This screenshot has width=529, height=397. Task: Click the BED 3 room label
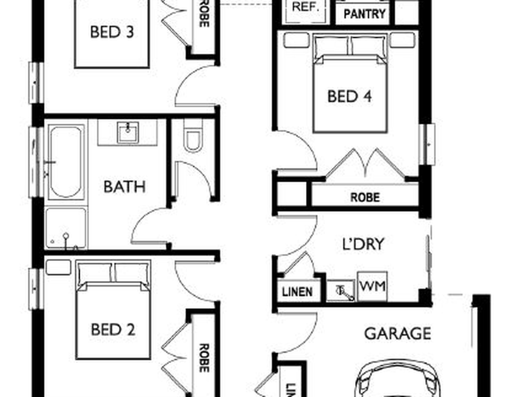(112, 32)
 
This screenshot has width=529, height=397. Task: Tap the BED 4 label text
(349, 96)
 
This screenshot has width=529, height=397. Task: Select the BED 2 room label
(113, 330)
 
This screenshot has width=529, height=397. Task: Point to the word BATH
(124, 187)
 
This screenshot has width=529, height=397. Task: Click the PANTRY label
(364, 14)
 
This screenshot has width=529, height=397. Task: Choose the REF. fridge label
(305, 7)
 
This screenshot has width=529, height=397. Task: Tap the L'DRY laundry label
(363, 244)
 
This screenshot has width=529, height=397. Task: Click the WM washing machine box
(372, 286)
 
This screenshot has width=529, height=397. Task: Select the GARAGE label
(398, 333)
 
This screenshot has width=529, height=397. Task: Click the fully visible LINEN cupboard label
(297, 292)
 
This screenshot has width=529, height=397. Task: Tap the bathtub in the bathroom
(66, 162)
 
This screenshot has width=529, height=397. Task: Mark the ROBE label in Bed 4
(365, 198)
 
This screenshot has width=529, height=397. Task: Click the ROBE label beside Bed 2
(204, 358)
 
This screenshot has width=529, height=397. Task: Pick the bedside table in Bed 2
(58, 267)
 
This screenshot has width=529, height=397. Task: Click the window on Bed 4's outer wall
(427, 144)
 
